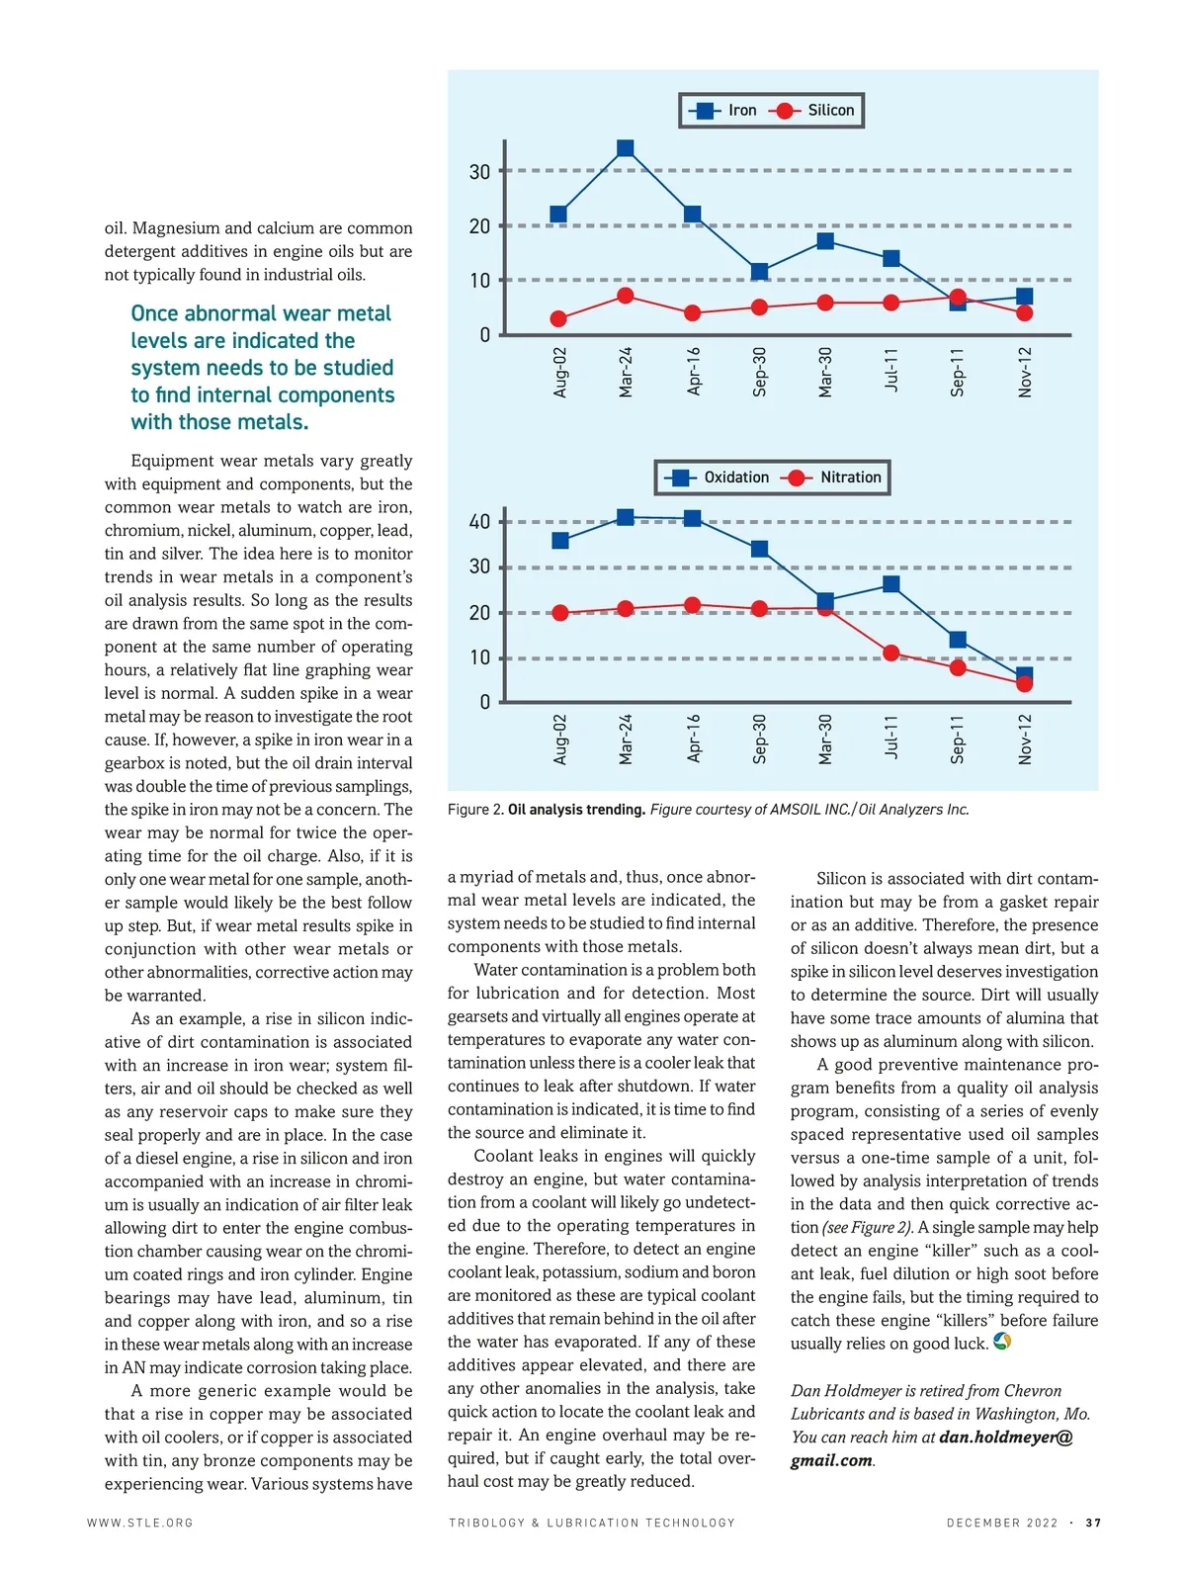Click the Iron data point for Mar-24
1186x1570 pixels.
(625, 148)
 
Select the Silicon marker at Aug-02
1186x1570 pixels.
(558, 318)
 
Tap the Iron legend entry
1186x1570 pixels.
(722, 111)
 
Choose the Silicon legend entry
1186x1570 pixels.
(814, 111)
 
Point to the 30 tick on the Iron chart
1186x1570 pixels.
(479, 172)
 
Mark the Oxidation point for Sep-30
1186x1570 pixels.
(759, 549)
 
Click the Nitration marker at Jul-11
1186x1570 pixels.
(890, 653)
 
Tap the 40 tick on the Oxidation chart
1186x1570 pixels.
(479, 521)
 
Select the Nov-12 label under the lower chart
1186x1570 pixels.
(1025, 739)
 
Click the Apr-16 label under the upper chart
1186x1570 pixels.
(693, 371)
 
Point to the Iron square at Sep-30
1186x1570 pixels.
(759, 272)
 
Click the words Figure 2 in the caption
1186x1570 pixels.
(474, 810)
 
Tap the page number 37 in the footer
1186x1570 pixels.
(1093, 1523)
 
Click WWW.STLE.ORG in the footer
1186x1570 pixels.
(139, 1523)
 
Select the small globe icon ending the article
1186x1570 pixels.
(1002, 1342)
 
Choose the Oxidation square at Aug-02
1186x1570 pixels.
(560, 540)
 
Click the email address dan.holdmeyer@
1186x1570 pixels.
(1005, 1437)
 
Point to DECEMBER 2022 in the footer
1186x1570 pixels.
(1001, 1523)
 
